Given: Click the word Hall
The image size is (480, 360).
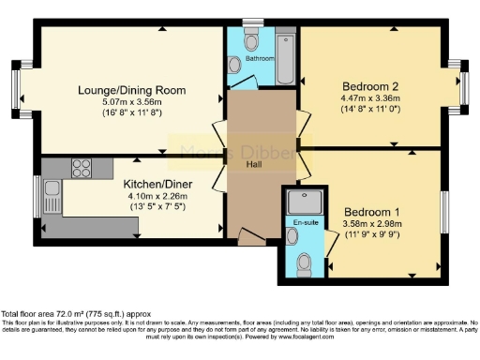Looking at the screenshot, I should [x=254, y=164].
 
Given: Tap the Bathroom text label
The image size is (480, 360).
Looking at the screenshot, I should [x=260, y=59].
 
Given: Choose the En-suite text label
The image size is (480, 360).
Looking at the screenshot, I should [x=303, y=222].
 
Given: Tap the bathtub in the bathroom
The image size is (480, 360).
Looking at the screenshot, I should [x=285, y=58].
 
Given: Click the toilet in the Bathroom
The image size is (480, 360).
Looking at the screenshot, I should [x=251, y=40].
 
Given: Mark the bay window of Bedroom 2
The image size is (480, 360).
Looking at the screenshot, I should [x=462, y=88].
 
